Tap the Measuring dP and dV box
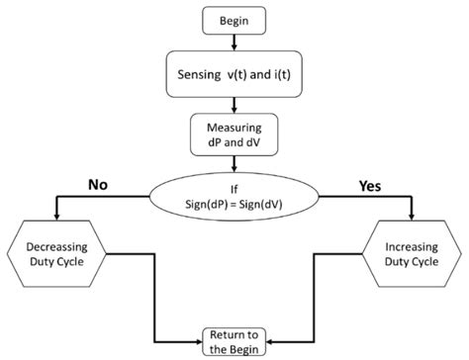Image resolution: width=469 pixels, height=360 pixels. coord(234,135)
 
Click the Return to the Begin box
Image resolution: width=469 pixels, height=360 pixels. coord(234,340)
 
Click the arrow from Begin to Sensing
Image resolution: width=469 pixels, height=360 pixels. coord(234,41)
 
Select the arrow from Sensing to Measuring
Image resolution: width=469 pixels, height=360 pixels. coord(234,105)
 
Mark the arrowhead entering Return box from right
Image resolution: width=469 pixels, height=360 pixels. coord(272,340)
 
